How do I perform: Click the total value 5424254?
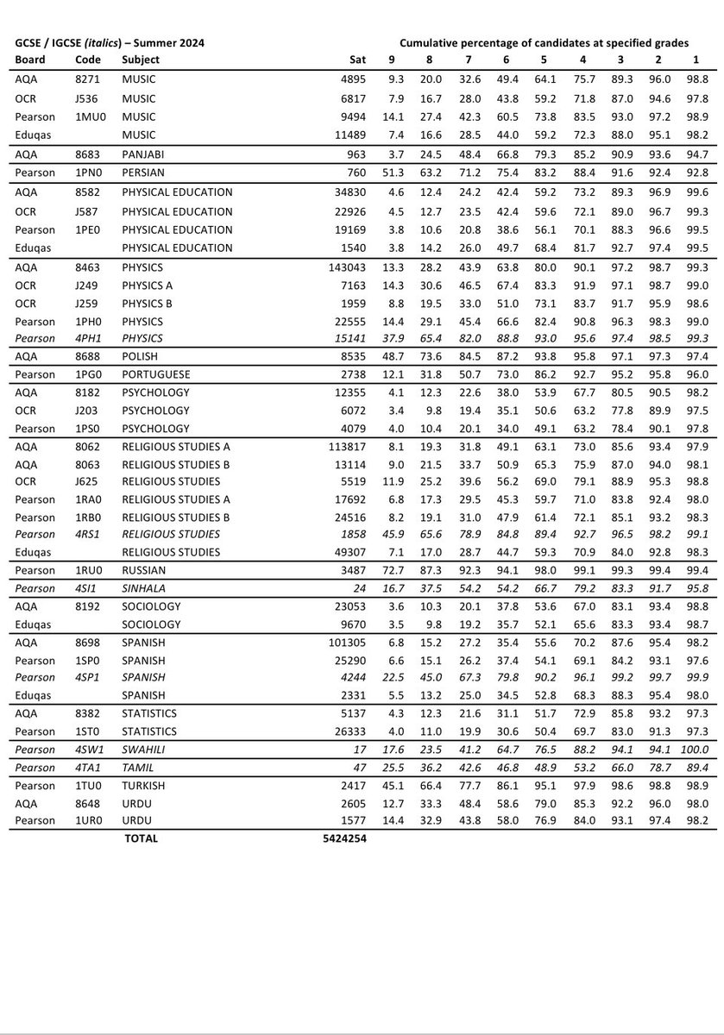pos(338,837)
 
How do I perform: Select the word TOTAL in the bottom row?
pos(140,837)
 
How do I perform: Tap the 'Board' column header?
pos(29,60)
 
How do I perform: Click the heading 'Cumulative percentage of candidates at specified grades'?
pos(556,42)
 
